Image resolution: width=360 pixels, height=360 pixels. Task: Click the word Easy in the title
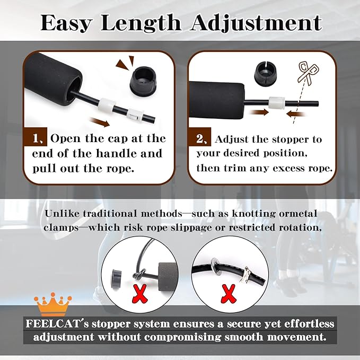coord(66,23)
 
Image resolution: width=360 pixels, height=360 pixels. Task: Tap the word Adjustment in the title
coord(256,23)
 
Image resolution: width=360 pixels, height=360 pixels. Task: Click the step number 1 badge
coord(36,137)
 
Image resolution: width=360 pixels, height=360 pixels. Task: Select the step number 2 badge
coord(199,137)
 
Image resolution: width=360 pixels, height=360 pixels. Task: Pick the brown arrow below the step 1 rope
coord(100,122)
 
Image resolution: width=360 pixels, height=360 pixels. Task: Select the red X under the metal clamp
coord(228,294)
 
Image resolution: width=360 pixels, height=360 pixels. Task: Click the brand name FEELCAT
coord(53,324)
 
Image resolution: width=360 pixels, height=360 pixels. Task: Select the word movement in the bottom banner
coord(297,337)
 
